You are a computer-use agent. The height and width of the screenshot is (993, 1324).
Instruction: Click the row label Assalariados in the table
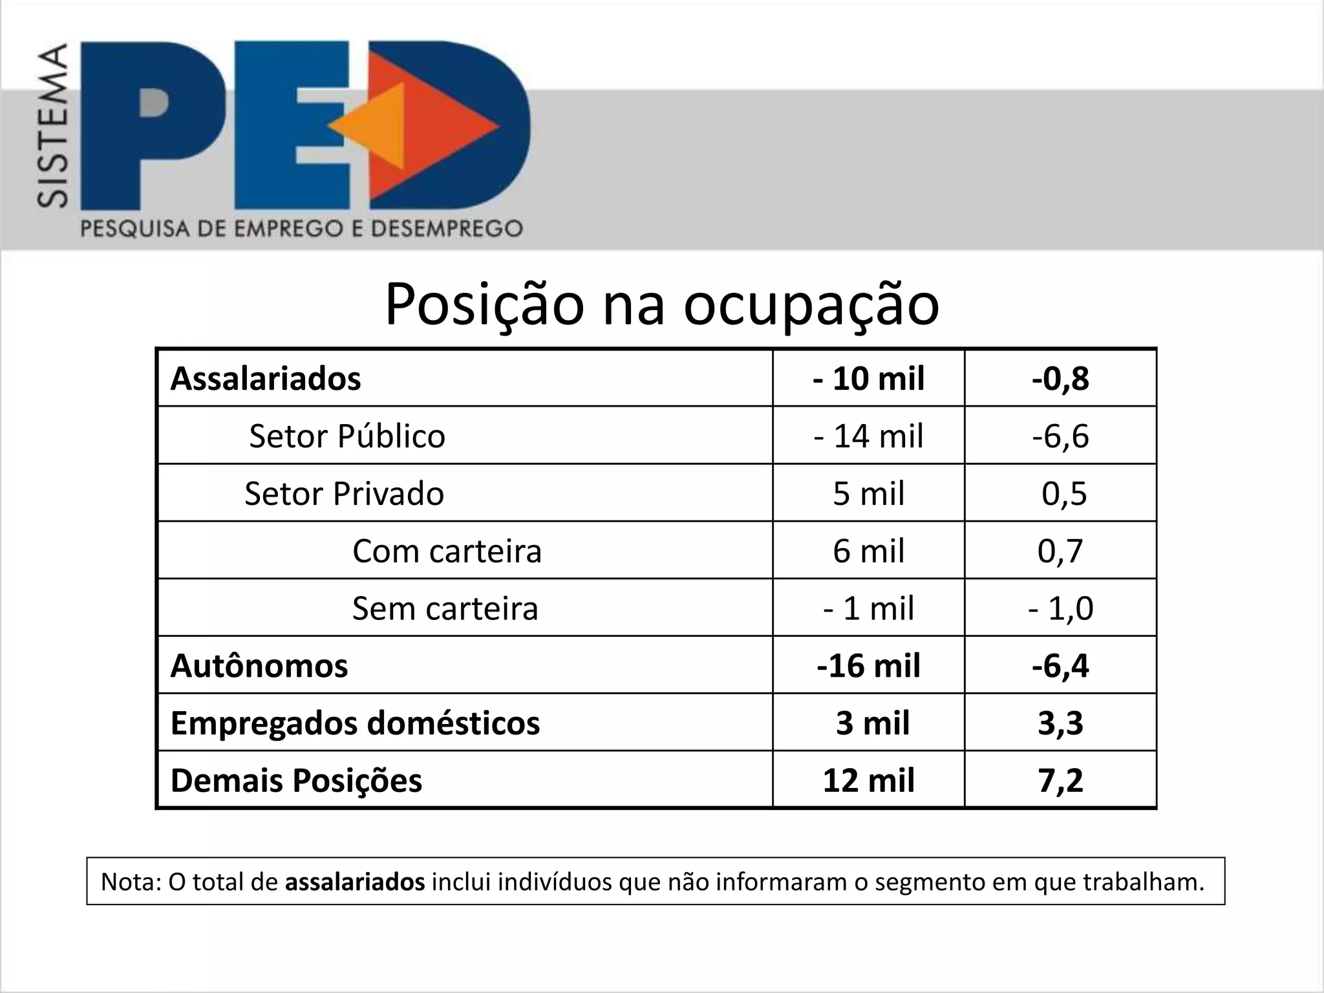[x=266, y=379]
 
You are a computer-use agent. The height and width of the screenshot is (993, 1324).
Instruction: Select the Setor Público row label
[x=347, y=436]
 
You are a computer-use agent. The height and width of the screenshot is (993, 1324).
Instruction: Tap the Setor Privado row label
[x=344, y=494]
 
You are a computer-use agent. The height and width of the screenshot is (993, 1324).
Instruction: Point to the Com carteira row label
[x=447, y=551]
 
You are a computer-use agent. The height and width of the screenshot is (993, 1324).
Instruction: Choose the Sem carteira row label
[x=445, y=609]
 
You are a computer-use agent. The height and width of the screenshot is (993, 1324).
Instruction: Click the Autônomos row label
[x=259, y=666]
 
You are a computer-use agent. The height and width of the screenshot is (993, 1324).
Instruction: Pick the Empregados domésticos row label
[x=355, y=723]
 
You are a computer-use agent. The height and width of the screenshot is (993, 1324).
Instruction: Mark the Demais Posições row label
[x=296, y=781]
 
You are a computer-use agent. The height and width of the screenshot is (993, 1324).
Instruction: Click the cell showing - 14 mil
[x=868, y=436]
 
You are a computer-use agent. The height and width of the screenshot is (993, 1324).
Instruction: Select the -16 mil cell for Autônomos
[x=868, y=666]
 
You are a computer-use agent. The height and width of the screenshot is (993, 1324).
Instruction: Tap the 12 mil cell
[x=868, y=781]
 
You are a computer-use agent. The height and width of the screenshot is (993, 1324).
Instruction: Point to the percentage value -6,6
[x=1060, y=436]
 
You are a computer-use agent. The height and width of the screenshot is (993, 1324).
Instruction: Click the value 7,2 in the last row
[x=1060, y=781]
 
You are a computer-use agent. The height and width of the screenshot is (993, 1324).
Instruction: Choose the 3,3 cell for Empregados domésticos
[x=1060, y=723]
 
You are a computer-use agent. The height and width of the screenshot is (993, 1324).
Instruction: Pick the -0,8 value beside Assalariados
[x=1060, y=379]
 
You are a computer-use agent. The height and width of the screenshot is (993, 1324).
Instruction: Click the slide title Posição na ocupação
[x=661, y=304]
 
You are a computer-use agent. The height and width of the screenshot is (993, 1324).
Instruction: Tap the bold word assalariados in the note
[x=355, y=882]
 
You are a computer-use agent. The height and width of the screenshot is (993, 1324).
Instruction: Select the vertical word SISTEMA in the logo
[x=52, y=125]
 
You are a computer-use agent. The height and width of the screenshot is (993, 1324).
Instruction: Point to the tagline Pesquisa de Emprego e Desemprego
[x=301, y=229]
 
